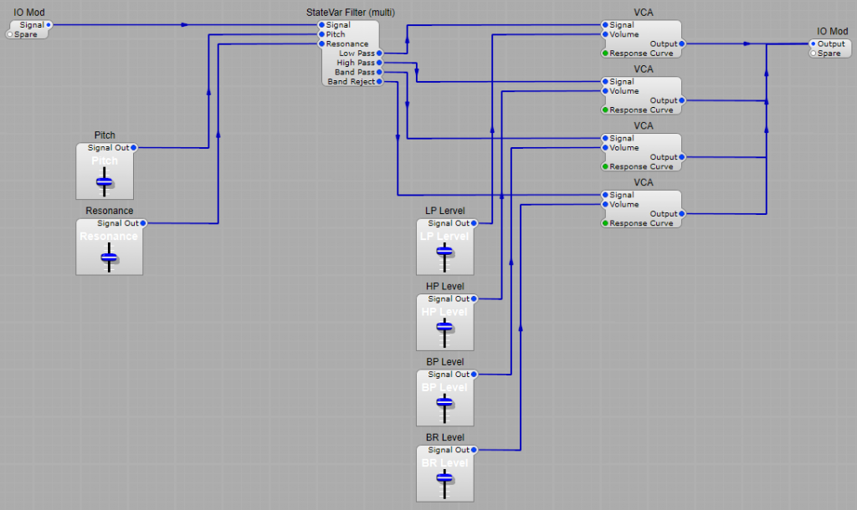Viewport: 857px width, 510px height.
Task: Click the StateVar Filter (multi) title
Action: click(x=351, y=13)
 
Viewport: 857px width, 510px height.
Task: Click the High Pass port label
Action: click(x=357, y=63)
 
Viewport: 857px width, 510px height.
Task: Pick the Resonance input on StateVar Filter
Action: click(x=321, y=44)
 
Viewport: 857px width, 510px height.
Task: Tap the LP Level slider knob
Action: click(x=444, y=257)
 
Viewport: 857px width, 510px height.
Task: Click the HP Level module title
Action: click(x=444, y=287)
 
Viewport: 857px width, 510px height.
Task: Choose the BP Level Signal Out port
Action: click(x=474, y=375)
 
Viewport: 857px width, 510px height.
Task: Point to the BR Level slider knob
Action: click(x=444, y=477)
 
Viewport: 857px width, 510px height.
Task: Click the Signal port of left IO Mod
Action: click(x=49, y=25)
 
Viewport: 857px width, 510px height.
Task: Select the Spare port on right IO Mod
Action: click(x=813, y=54)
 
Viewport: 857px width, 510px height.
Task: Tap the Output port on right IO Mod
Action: click(x=813, y=43)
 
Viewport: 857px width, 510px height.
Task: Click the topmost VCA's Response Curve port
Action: click(x=605, y=54)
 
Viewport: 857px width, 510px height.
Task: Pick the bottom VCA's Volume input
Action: click(x=605, y=204)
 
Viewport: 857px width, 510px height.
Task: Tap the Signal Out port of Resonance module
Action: click(x=143, y=223)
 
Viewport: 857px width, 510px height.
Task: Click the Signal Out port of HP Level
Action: click(x=474, y=298)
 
